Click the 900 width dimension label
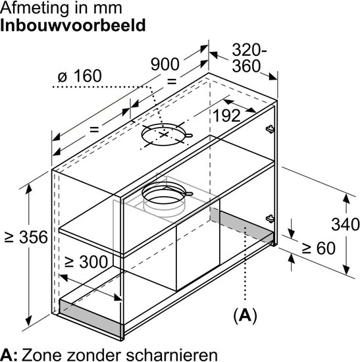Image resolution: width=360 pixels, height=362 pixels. (x=165, y=64)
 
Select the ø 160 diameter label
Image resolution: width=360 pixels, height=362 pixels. (x=80, y=76)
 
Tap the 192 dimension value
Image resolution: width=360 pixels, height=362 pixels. (x=227, y=115)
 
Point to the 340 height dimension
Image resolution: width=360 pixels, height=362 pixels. (x=346, y=224)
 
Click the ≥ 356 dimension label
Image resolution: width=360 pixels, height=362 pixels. (x=26, y=237)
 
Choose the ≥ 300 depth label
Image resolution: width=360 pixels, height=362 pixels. (x=86, y=262)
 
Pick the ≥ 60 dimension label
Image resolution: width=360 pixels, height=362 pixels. (x=319, y=248)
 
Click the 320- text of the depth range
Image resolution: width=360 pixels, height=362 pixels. (x=249, y=49)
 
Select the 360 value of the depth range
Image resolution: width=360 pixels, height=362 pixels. (x=246, y=66)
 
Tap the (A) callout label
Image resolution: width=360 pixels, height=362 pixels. (x=245, y=315)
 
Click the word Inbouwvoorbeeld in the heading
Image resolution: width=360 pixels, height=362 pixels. (x=73, y=25)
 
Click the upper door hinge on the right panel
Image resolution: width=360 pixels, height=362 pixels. (x=270, y=129)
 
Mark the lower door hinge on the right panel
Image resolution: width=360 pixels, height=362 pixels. (x=270, y=219)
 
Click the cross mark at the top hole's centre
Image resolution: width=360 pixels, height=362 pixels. (x=164, y=134)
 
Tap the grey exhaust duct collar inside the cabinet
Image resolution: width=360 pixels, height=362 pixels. (x=164, y=199)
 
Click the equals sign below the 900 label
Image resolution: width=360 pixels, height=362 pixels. (x=172, y=81)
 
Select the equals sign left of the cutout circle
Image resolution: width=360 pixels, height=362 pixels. (x=94, y=129)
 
